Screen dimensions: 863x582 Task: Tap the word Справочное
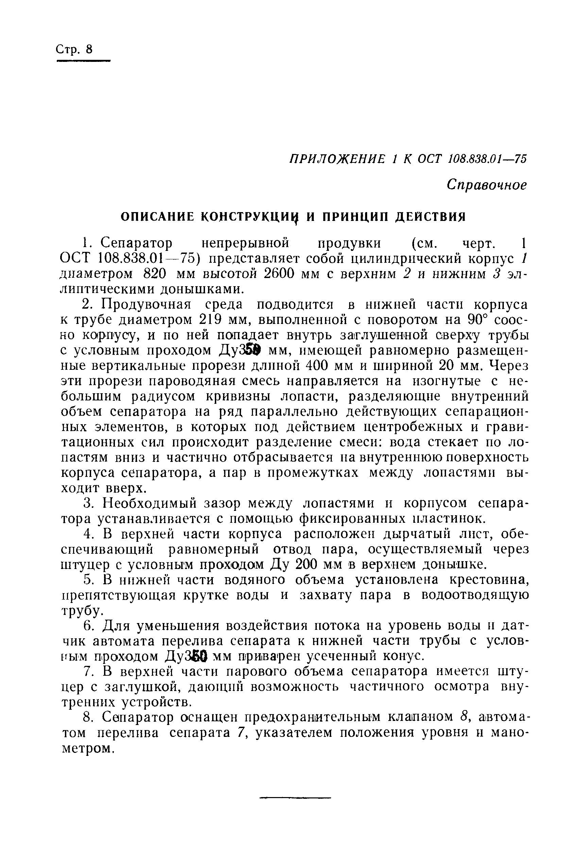(486, 185)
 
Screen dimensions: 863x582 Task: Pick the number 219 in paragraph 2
(211, 320)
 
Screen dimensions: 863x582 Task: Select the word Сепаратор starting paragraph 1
(137, 243)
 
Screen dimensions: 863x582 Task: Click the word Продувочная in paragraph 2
(146, 304)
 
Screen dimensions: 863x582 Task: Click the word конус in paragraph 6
(403, 657)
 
